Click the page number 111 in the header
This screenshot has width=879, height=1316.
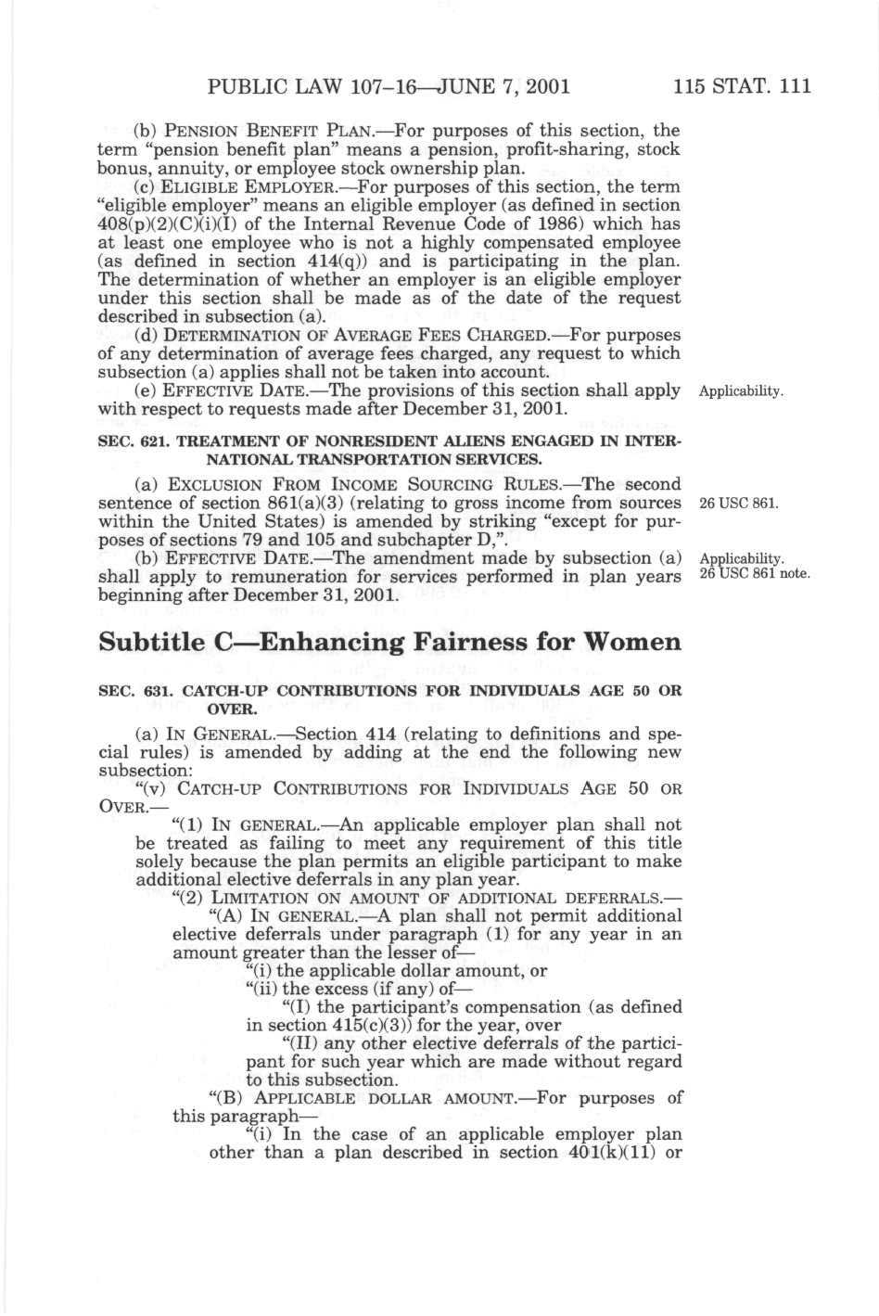795,87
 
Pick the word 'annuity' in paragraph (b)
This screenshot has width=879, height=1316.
165,169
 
